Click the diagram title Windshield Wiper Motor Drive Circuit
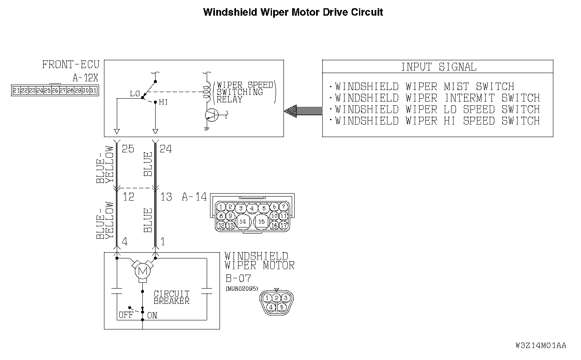(x=293, y=12)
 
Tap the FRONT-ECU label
(x=71, y=65)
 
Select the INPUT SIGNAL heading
(x=438, y=67)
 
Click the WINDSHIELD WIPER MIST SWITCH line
(x=424, y=87)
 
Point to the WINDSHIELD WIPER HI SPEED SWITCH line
(x=437, y=121)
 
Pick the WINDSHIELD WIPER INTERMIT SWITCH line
(x=437, y=98)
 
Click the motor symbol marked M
(x=143, y=271)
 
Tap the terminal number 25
(x=128, y=149)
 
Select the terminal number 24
(x=165, y=149)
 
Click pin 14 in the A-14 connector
(x=243, y=222)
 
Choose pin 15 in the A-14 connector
(x=262, y=222)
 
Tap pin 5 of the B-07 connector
(x=282, y=307)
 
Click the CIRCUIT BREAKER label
(x=171, y=297)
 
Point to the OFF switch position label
(x=125, y=315)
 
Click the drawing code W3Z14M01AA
(x=541, y=346)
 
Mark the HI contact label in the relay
(x=163, y=102)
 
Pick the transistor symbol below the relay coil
(x=211, y=116)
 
